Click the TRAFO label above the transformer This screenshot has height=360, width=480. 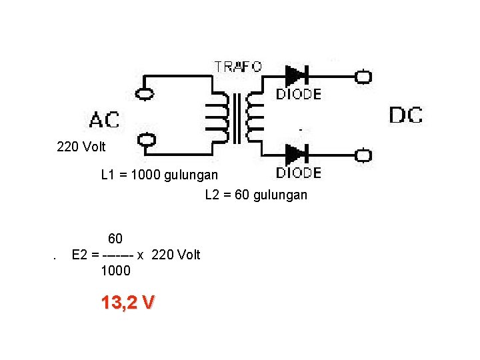[237, 67]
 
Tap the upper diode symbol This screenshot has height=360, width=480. [295, 76]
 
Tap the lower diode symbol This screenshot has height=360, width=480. [295, 155]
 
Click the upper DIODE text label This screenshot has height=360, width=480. [299, 94]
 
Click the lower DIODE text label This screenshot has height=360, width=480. [299, 173]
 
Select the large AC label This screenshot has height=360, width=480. [105, 120]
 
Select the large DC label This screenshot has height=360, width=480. [405, 115]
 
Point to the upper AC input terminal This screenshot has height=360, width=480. [145, 94]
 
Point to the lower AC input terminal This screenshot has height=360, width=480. [146, 139]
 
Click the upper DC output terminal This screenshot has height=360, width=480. [363, 77]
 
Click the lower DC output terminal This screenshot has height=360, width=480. [363, 156]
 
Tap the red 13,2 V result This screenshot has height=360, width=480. [127, 303]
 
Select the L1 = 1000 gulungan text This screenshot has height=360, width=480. [159, 175]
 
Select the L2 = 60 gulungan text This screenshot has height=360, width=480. [256, 195]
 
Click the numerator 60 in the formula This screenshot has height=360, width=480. [115, 239]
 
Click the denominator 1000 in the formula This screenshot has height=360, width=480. [115, 271]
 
